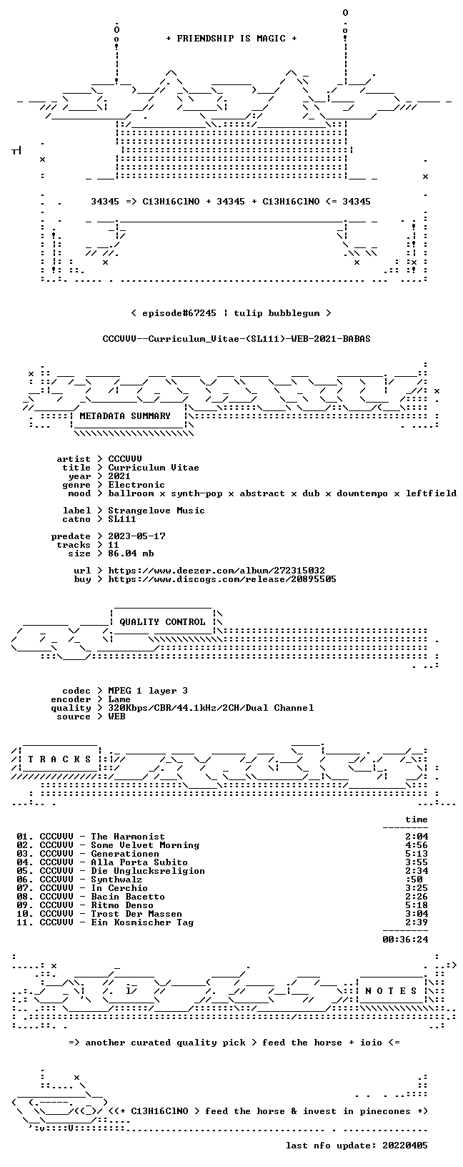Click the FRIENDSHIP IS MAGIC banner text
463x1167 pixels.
(231, 39)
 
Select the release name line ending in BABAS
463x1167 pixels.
(237, 339)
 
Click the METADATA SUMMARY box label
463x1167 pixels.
(125, 415)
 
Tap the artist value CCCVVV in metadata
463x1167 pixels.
(125, 459)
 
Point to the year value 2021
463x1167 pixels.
(119, 476)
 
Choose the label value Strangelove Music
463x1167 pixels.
(156, 511)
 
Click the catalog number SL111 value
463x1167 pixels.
(122, 519)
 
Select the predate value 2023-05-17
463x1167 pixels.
(136, 536)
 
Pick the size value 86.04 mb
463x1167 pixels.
(131, 553)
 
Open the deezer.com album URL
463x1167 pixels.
(216, 571)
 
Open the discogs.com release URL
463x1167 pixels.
(222, 578)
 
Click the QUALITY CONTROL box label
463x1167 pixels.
(162, 621)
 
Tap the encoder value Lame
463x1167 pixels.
(119, 699)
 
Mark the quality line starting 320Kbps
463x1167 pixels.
(211, 707)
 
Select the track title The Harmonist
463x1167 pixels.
(128, 837)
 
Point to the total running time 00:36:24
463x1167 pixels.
(405, 940)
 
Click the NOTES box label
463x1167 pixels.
(391, 991)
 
